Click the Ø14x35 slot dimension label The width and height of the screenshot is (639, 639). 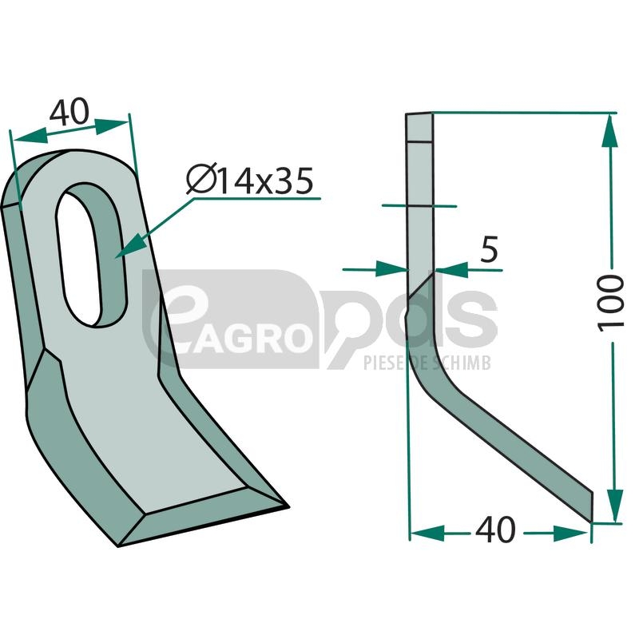click(x=250, y=181)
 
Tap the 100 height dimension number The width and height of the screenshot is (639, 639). click(x=610, y=304)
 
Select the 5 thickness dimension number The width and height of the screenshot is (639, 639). click(x=489, y=249)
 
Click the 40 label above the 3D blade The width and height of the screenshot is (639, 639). click(x=69, y=111)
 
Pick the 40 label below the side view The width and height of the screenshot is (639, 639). click(x=495, y=530)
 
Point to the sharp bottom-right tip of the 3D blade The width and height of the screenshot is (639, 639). click(x=288, y=507)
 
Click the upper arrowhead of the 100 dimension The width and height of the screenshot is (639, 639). click(x=610, y=130)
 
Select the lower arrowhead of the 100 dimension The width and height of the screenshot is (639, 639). click(x=615, y=505)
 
